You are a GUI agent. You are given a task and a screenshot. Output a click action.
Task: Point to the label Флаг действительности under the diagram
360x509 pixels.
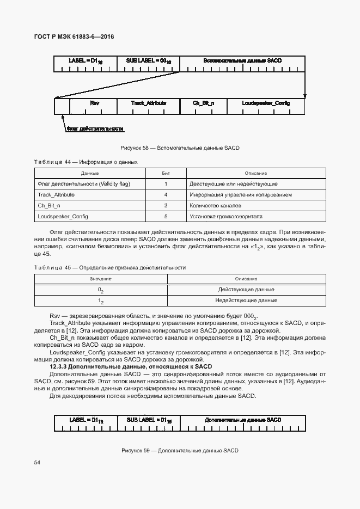pyautogui.click(x=95, y=129)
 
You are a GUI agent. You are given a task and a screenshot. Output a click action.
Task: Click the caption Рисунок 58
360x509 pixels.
pyautogui.click(x=180, y=148)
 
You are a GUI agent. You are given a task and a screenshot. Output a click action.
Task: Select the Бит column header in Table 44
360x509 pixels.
pyautogui.click(x=166, y=173)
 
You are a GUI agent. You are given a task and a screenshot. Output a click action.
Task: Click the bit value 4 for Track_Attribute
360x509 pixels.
pyautogui.click(x=166, y=194)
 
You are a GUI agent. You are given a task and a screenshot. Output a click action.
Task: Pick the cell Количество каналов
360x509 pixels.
pyautogui.click(x=215, y=206)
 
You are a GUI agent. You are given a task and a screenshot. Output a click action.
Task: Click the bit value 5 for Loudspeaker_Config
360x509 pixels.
pyautogui.click(x=166, y=217)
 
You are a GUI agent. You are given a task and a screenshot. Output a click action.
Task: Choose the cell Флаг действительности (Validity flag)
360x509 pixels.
pyautogui.click(x=83, y=184)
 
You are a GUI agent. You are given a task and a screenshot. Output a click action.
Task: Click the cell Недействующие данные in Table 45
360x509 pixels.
pyautogui.click(x=246, y=301)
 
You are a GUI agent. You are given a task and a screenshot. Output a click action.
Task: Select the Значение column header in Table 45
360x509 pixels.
pyautogui.click(x=100, y=279)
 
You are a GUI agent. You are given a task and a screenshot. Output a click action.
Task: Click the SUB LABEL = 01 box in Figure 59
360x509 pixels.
pyautogui.click(x=149, y=421)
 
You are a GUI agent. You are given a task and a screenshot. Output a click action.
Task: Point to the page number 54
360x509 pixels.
pyautogui.click(x=37, y=462)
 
